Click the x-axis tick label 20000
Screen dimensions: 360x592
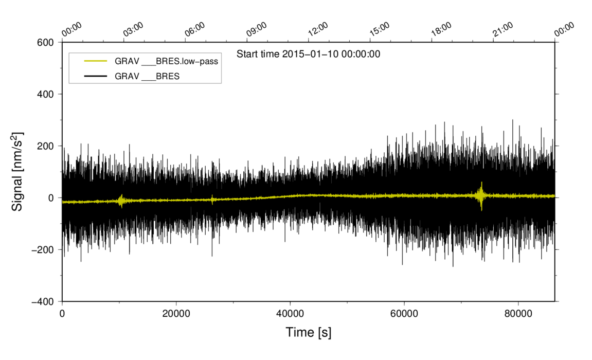176,313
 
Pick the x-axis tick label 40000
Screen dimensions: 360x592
290,313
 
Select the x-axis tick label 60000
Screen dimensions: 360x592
404,313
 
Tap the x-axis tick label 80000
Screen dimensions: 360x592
517,313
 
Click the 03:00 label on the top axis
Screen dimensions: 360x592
133,29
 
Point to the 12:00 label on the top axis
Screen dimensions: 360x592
318,29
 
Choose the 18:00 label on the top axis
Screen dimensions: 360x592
441,29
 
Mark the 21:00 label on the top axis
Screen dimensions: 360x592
503,29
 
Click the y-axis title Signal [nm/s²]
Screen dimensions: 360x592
17,171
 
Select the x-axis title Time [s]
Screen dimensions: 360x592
308,333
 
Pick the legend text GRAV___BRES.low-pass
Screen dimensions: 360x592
166,61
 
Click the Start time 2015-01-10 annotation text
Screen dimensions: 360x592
308,53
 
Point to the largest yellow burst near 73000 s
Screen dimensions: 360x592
481,195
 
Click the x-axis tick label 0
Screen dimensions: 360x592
62,313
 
